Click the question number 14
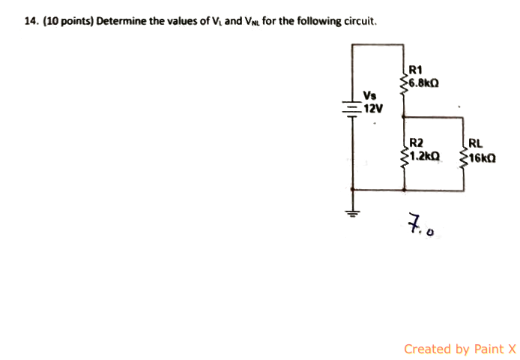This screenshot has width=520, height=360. pos(30,21)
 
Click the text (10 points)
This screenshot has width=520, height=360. pos(67,21)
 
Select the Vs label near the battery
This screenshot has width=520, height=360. pos(369,95)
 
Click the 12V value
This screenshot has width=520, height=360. pos(372,107)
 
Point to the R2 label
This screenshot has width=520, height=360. pos(416,142)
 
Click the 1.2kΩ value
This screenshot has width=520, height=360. pos(425,156)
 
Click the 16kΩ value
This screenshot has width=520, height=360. pos(482,159)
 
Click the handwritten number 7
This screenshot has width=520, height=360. pos(414,222)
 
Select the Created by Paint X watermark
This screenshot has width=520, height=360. pos(459,349)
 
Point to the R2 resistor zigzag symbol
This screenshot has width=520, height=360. pos(405,156)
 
